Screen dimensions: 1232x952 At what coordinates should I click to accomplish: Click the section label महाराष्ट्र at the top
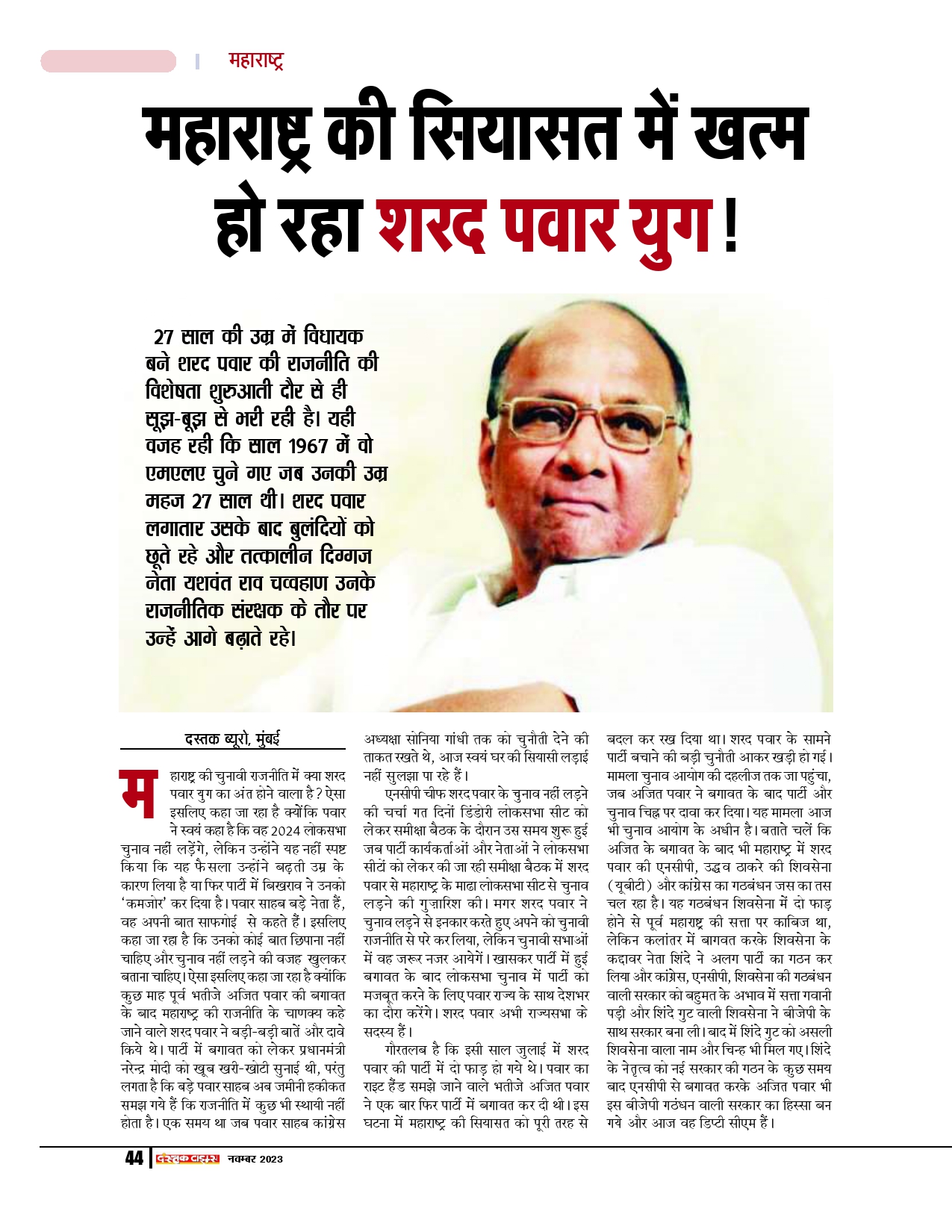coord(255,61)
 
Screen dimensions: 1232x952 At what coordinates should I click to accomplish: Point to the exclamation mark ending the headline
coord(729,223)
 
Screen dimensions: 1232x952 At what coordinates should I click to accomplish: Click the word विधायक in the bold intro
coord(334,337)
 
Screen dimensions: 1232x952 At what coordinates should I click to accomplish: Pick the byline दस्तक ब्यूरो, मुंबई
coord(232,739)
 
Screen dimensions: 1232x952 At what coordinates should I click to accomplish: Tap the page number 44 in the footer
coord(134,1158)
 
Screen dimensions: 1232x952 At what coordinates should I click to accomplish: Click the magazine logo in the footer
coord(187,1158)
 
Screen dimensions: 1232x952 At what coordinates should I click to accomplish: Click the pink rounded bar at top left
coord(108,61)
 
